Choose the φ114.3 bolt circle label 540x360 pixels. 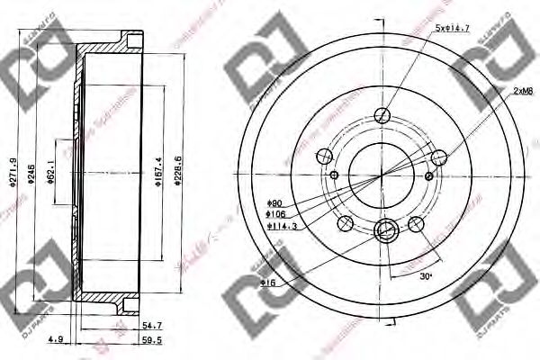tap(278, 227)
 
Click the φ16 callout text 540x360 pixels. tap(267, 283)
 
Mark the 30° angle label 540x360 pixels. tap(426, 276)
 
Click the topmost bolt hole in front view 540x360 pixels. tap(383, 115)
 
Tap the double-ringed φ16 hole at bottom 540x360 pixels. tap(384, 231)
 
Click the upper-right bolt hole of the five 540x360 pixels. tap(439, 157)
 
